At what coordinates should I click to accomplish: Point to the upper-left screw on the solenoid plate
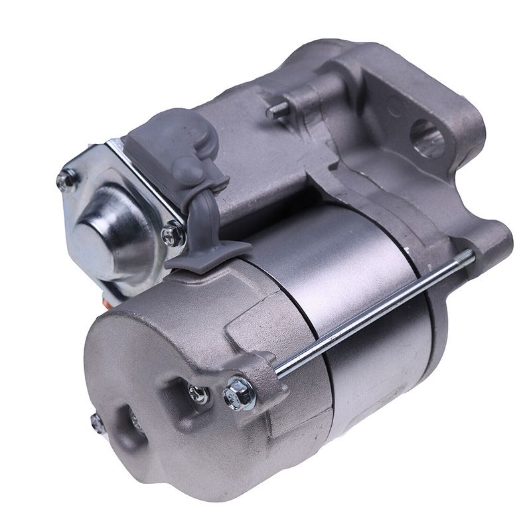68,178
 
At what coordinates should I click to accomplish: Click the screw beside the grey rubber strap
174,232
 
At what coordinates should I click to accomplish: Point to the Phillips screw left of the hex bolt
196,394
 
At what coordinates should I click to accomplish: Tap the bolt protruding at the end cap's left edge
96,420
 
